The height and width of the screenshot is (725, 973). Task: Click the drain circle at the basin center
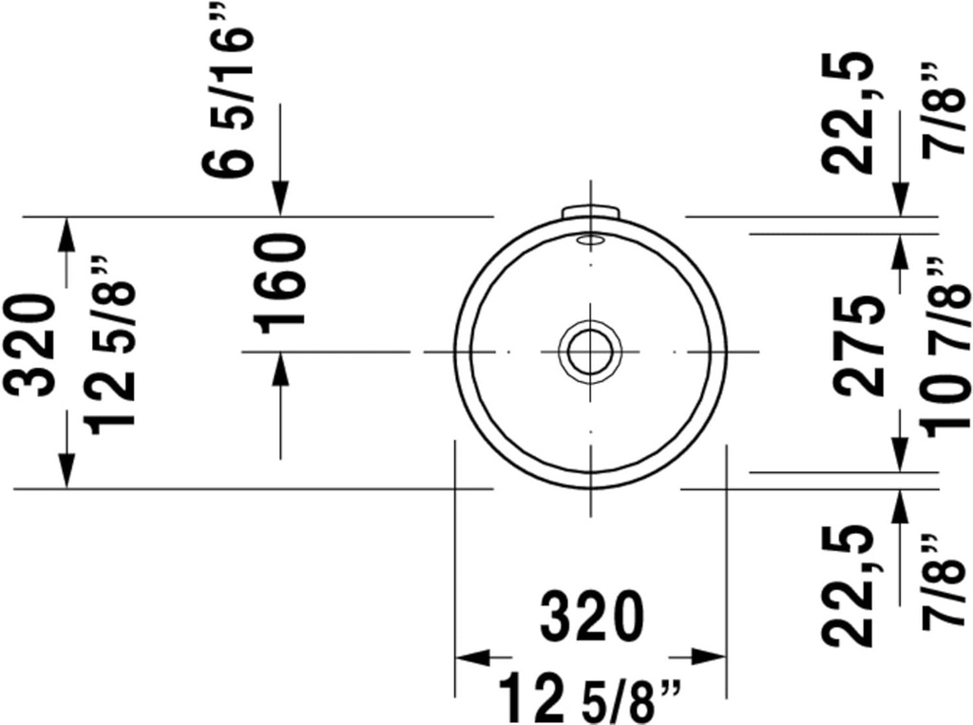click(x=590, y=352)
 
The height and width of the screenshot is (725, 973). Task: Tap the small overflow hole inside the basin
click(x=590, y=239)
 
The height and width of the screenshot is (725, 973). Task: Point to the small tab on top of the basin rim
click(x=590, y=211)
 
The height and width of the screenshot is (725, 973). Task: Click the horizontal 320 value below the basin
click(x=589, y=617)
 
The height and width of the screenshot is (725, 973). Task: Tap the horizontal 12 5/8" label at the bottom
click(x=589, y=698)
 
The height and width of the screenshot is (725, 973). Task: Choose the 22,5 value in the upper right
click(x=849, y=112)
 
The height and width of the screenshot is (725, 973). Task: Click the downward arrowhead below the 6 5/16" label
click(x=280, y=199)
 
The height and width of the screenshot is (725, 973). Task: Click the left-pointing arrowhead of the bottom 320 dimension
click(x=472, y=657)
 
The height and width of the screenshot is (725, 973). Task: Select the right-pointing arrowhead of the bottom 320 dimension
click(x=709, y=657)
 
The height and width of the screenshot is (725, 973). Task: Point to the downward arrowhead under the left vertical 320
click(x=67, y=470)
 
